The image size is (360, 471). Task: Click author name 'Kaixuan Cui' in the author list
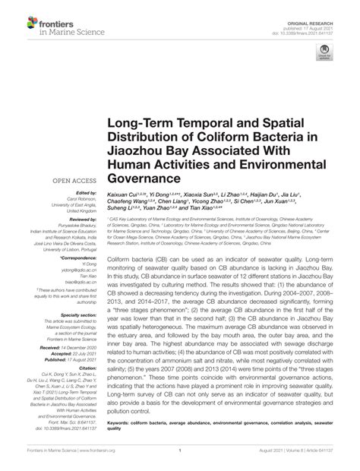click(124, 195)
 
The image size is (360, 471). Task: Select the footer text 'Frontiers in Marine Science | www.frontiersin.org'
click(55, 460)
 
